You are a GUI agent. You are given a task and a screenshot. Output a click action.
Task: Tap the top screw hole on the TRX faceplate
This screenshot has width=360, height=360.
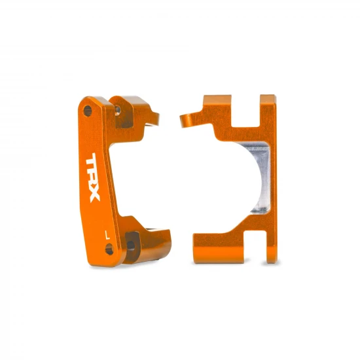coord(86,107)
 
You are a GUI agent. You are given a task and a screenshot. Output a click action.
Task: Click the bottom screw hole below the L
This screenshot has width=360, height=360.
coord(109,249)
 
